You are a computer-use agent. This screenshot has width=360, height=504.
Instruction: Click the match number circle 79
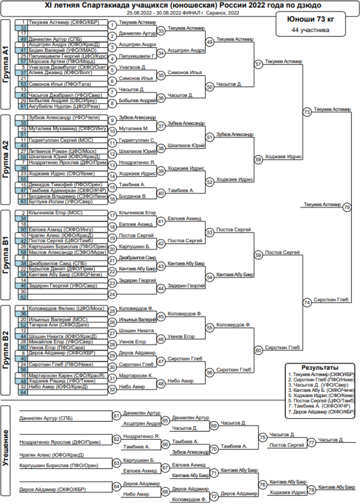[x=347, y=207]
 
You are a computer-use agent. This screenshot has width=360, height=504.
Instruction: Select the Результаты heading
[x=321, y=368]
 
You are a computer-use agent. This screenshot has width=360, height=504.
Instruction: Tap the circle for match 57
[x=259, y=64]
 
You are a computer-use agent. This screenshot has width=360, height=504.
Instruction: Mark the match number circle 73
[x=307, y=112]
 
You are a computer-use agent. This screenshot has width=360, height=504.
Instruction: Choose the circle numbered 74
[x=307, y=303]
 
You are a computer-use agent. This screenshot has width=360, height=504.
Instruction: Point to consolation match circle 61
[x=116, y=416]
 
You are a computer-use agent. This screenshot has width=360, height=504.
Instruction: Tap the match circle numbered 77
[x=312, y=442]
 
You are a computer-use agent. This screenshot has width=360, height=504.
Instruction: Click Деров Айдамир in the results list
[x=322, y=411]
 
